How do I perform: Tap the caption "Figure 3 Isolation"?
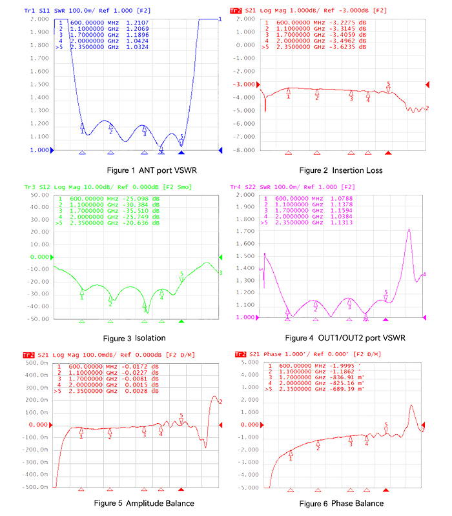tap(134, 338)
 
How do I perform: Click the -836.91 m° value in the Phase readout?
tap(347, 379)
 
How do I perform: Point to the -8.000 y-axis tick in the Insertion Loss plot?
tap(246, 150)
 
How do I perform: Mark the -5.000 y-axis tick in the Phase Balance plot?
tap(246, 488)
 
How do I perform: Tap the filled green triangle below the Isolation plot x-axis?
tap(181, 321)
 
